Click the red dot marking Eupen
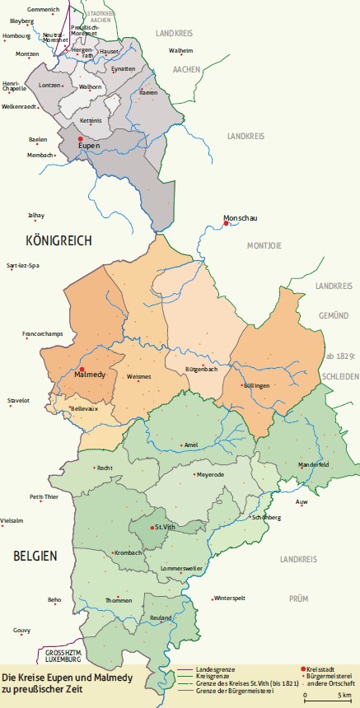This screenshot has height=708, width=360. click(80, 139)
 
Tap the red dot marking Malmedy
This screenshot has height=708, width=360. click(82, 369)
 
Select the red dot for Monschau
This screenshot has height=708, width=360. click(227, 223)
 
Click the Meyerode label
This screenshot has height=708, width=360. click(208, 475)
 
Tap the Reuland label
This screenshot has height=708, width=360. click(161, 617)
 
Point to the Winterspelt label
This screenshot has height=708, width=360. click(230, 599)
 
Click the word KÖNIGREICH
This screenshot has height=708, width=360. click(58, 240)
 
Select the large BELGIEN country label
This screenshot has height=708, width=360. click(35, 556)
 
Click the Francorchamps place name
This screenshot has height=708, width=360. click(41, 334)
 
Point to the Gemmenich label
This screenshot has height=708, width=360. click(43, 9)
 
